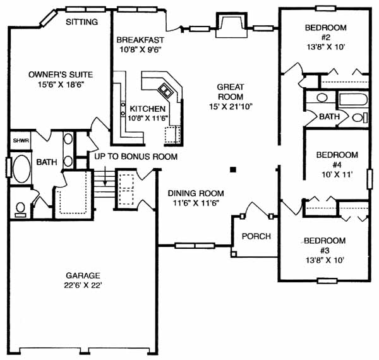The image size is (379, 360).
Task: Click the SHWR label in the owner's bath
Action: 21,140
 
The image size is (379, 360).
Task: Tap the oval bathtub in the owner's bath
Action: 21,169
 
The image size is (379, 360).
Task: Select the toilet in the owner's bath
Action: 21,210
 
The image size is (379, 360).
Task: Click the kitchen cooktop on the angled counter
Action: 165,90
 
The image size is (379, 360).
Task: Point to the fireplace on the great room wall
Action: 231,25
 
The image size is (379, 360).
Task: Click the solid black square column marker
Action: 233,170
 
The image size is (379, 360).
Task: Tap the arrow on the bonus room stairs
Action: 105,176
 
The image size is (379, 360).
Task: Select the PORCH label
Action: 256,236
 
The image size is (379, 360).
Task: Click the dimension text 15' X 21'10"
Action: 231,107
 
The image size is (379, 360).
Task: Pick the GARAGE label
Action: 83,275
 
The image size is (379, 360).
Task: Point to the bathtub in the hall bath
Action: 353,99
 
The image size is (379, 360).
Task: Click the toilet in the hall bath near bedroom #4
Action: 359,118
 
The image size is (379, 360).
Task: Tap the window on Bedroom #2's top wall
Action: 325,8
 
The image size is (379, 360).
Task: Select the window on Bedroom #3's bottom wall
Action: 327,281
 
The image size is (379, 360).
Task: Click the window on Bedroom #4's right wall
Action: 370,179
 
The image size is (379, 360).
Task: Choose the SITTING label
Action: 81,22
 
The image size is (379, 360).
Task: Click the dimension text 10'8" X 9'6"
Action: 140,50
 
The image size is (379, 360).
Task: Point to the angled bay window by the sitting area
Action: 48,17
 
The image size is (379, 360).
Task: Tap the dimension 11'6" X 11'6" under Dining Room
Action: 196,203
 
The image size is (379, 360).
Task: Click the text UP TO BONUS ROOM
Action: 136,157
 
